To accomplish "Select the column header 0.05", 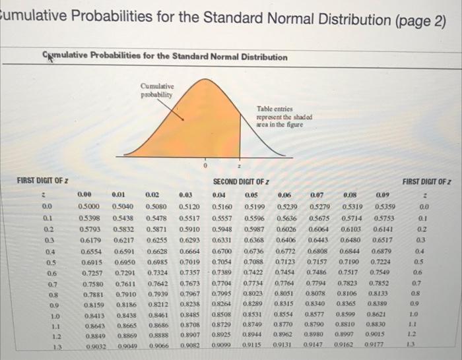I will click(251, 195).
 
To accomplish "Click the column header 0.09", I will click(383, 195).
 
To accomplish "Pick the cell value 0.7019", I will click(190, 262).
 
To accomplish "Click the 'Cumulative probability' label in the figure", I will click(156, 90).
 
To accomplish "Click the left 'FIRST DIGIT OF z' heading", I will click(44, 180).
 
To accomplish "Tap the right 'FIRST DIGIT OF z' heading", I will click(425, 180).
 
